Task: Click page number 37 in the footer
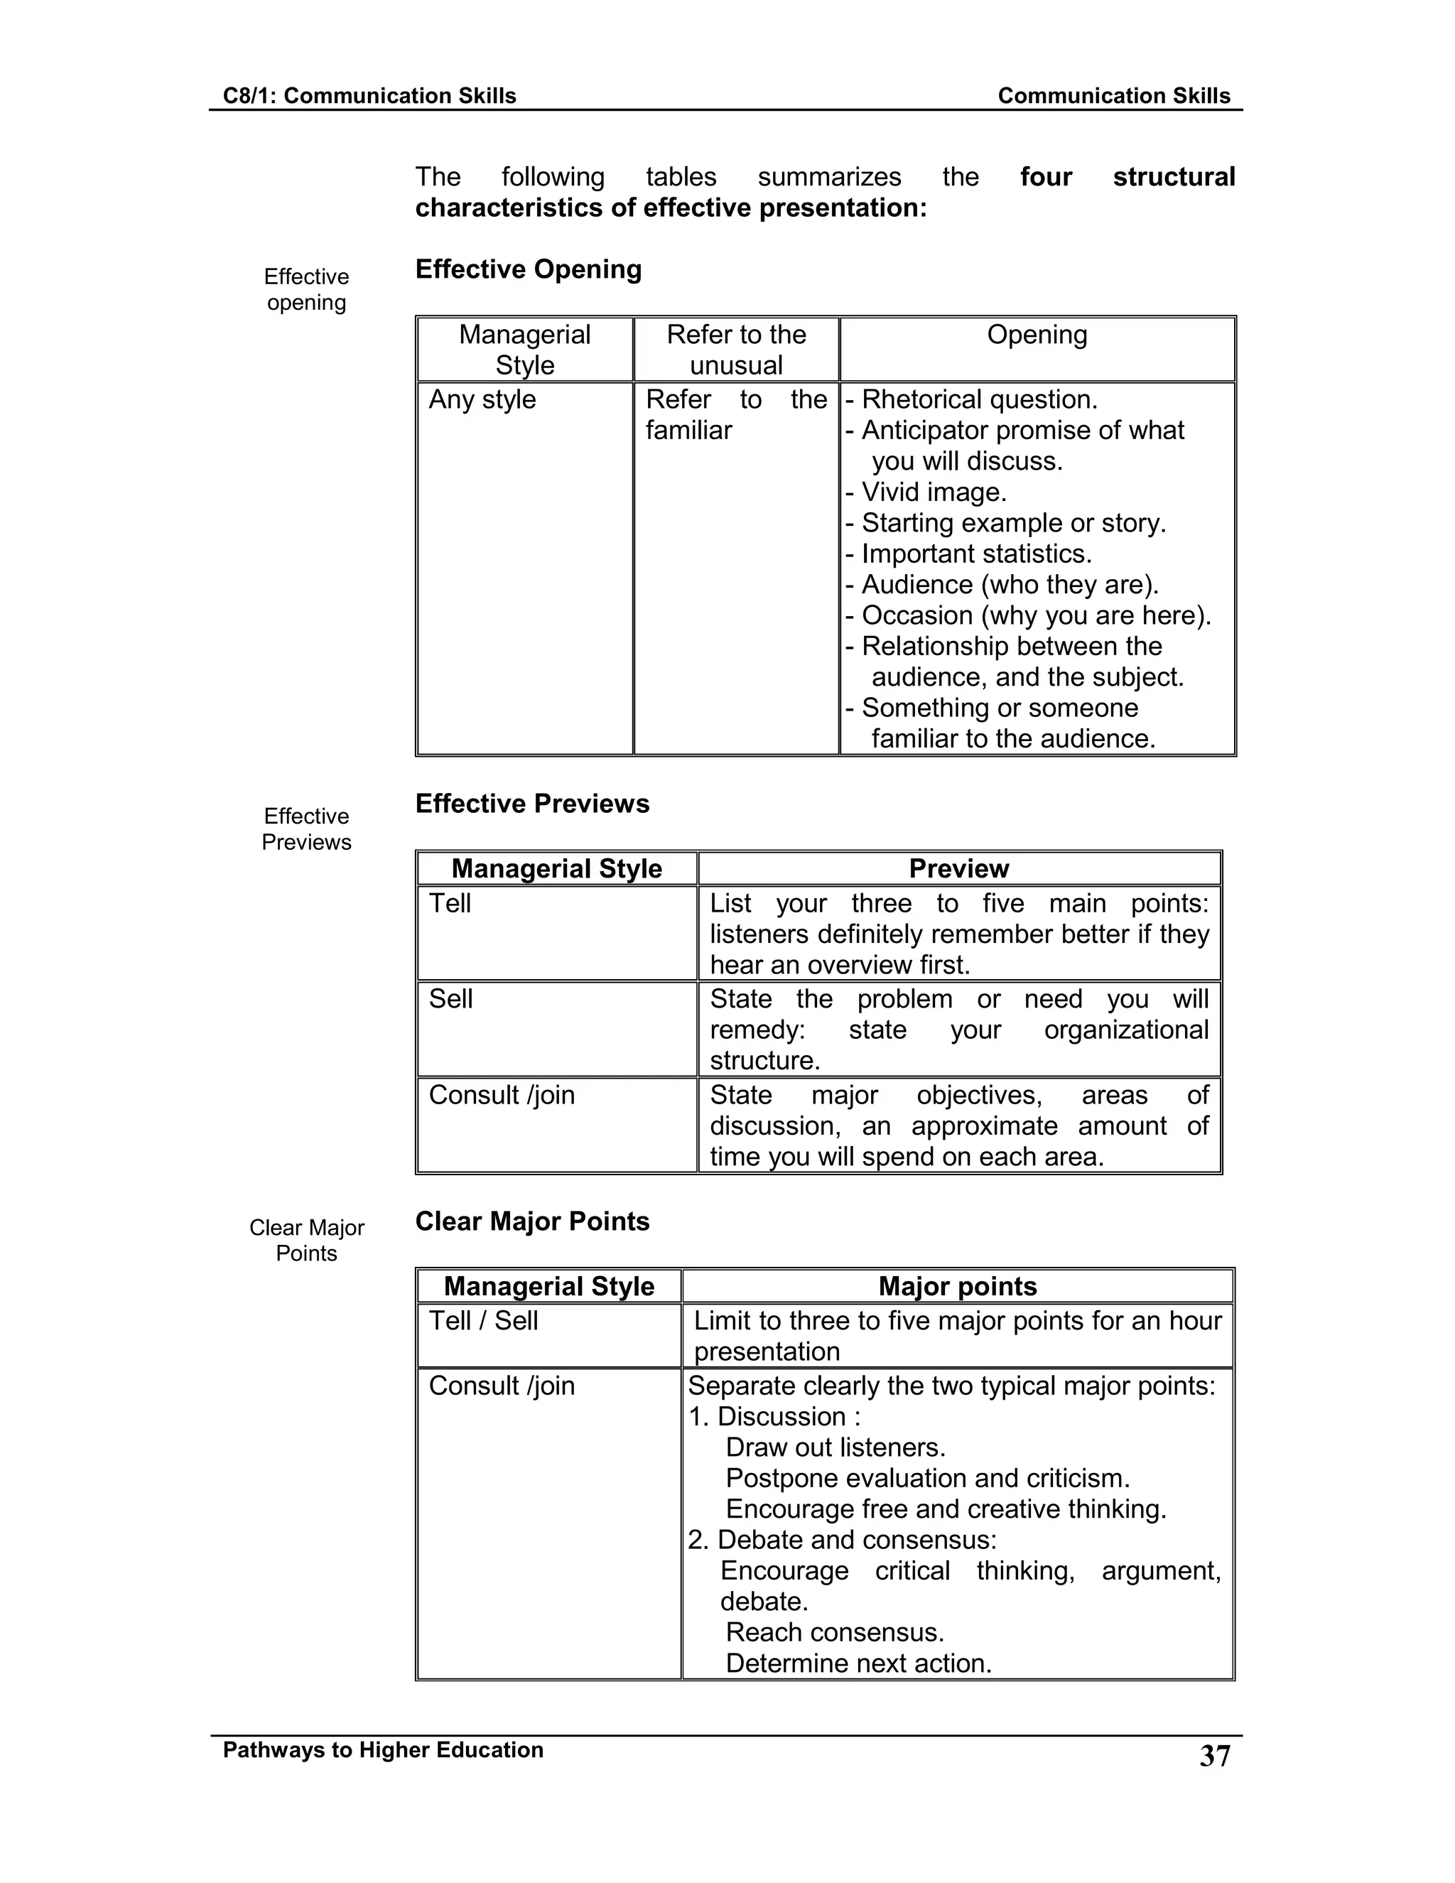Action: (1214, 1757)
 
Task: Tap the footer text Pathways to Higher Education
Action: (383, 1749)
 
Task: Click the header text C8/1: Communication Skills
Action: (369, 96)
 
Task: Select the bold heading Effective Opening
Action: (528, 269)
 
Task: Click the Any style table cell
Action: (482, 399)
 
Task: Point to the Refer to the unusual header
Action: (736, 349)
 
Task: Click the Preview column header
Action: (958, 868)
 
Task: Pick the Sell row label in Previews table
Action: (451, 998)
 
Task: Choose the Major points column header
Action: (957, 1285)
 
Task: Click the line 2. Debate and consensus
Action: (841, 1539)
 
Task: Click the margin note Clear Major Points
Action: (306, 1240)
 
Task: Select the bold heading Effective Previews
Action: (532, 803)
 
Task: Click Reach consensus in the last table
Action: (834, 1631)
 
